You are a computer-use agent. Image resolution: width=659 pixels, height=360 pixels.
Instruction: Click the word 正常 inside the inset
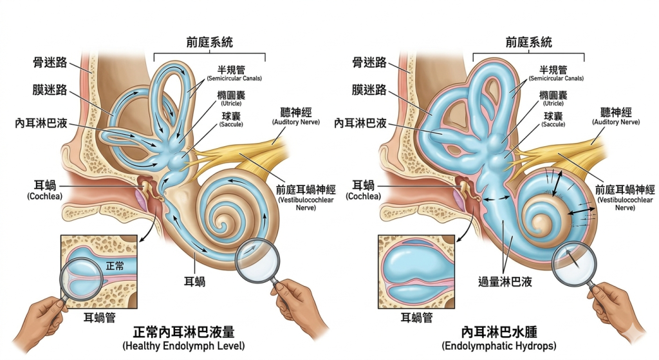[115, 265]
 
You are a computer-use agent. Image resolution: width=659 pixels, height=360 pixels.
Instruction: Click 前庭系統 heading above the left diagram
[210, 43]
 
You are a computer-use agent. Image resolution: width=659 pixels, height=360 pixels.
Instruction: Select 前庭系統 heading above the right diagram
[529, 43]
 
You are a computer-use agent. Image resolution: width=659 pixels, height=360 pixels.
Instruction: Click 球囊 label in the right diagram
[553, 116]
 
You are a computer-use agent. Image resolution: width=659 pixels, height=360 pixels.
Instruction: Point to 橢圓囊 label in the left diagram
[229, 94]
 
